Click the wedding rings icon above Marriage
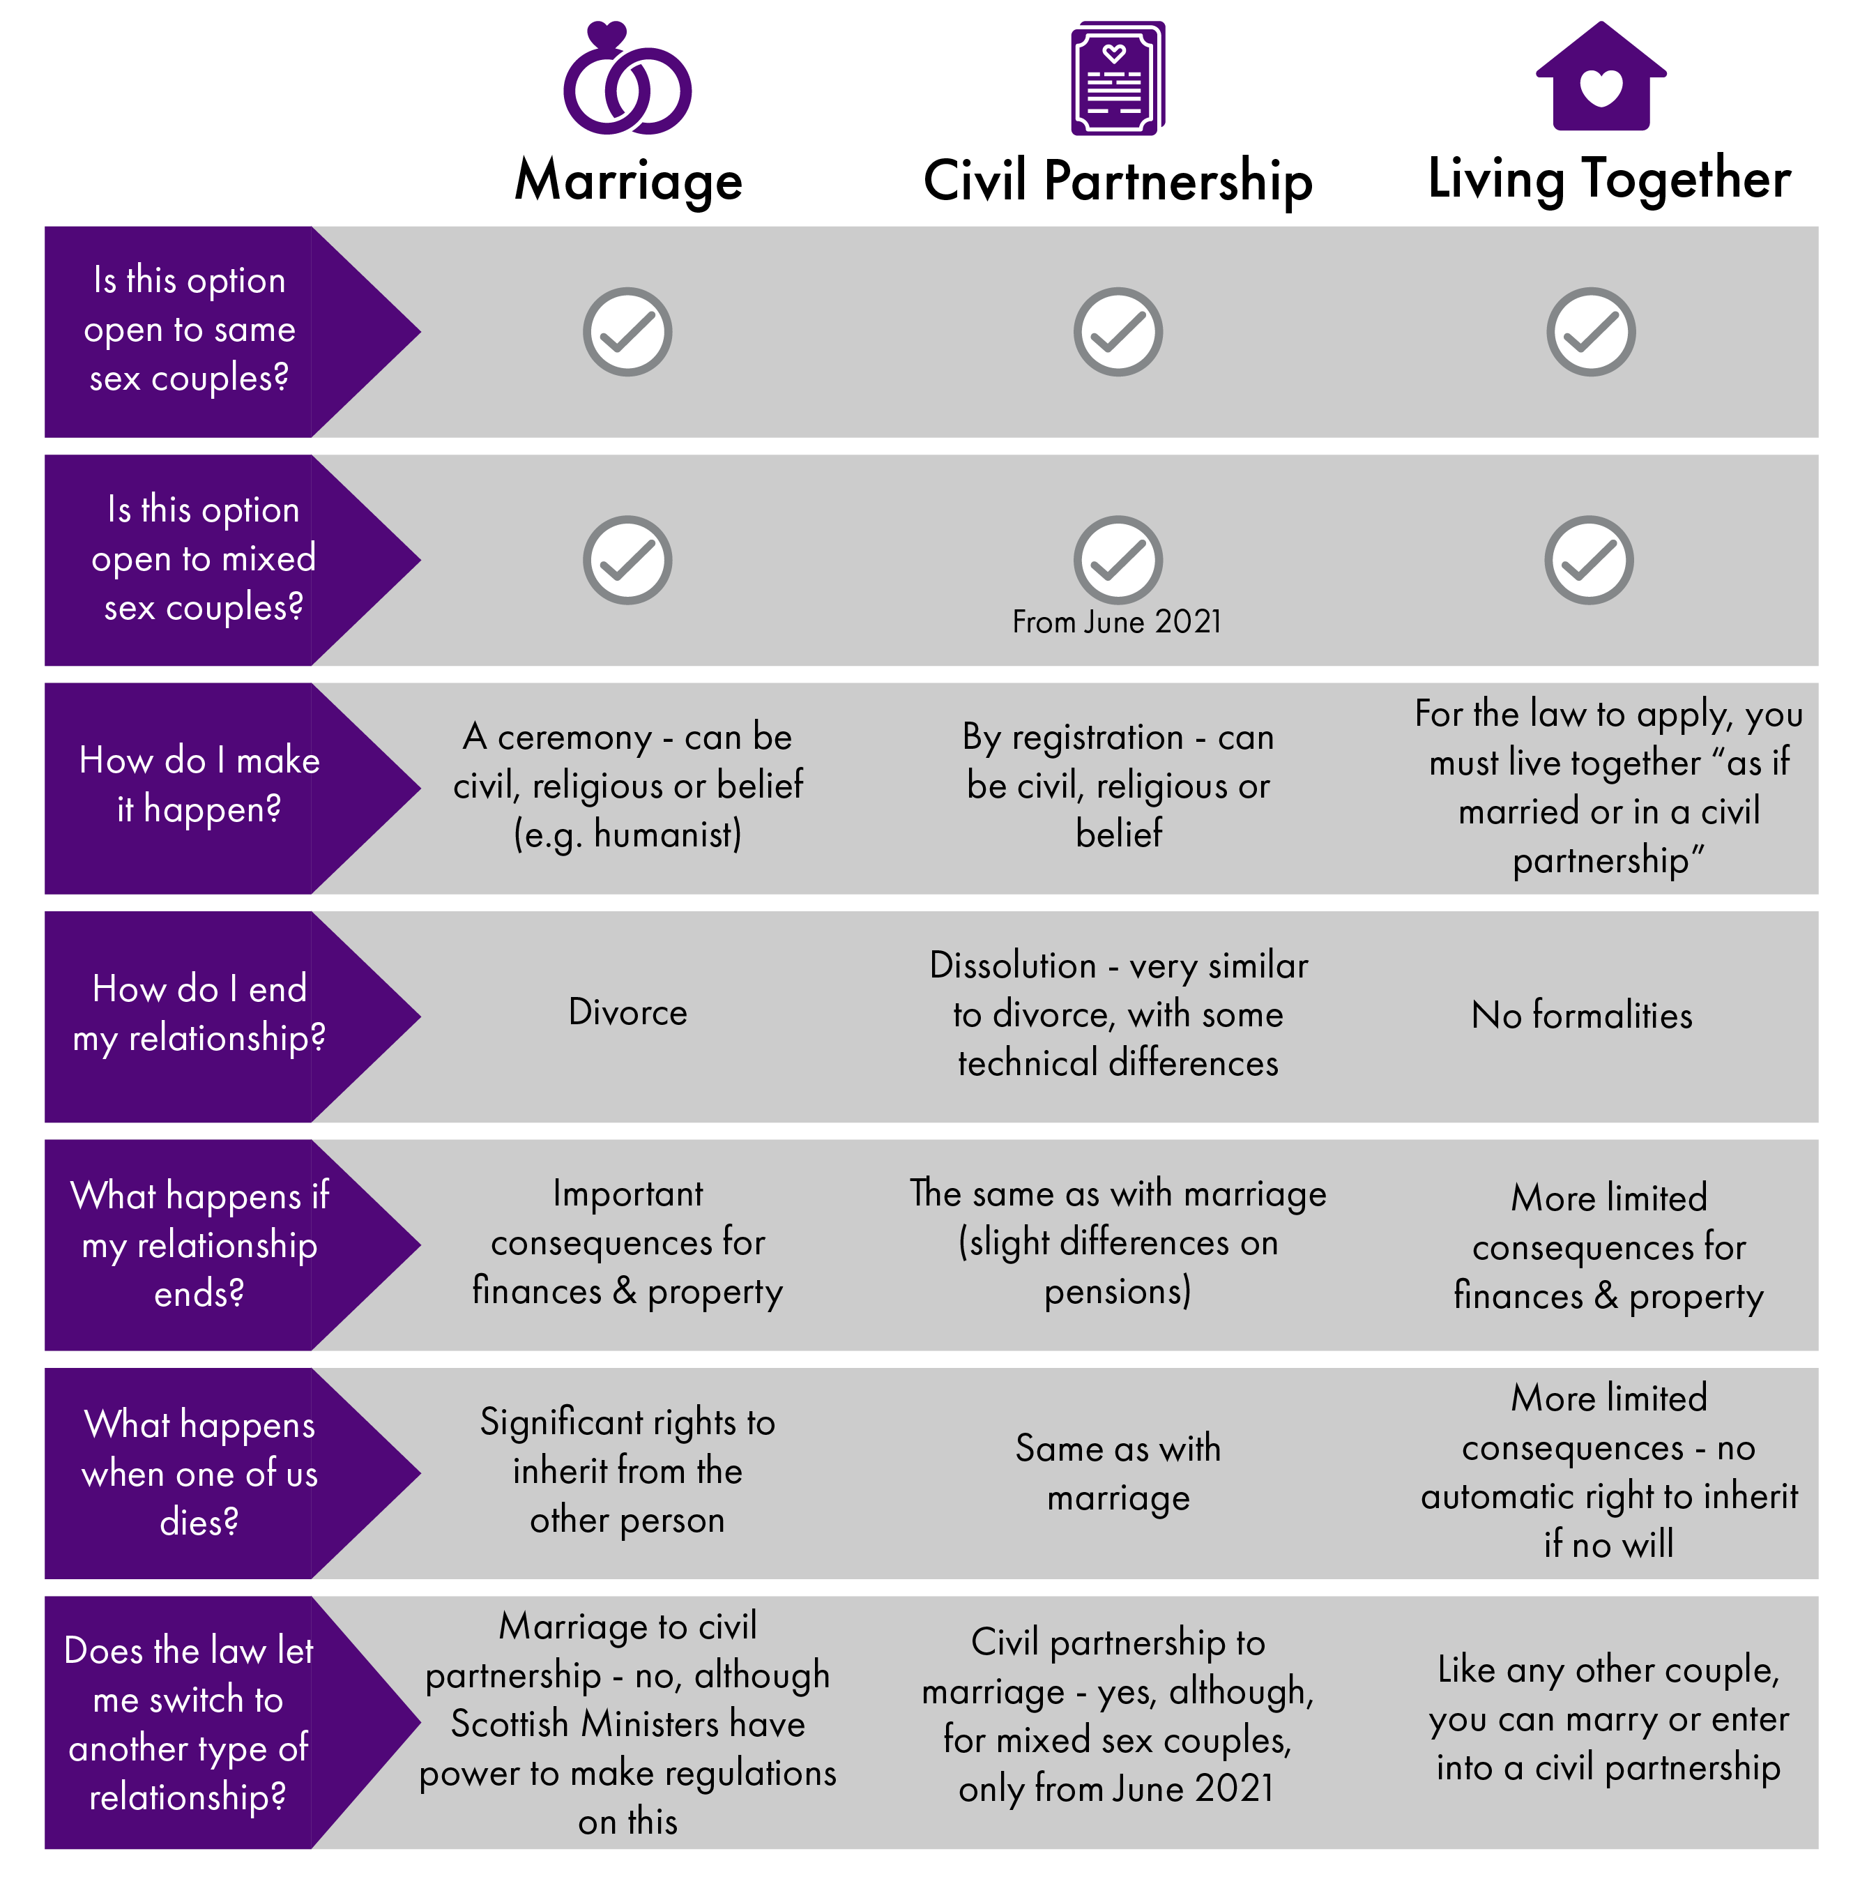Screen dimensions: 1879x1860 coord(627,79)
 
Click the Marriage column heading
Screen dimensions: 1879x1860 coord(628,181)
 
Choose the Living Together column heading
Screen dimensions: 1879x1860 coord(1608,179)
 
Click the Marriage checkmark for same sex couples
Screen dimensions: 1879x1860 coord(627,332)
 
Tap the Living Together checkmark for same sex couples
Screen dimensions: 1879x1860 coord(1591,332)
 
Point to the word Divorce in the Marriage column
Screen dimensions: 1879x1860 coord(627,1012)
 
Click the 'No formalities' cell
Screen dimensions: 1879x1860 coord(1581,1015)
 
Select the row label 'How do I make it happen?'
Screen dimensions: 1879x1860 coord(199,784)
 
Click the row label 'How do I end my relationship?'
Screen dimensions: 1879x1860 coord(199,1012)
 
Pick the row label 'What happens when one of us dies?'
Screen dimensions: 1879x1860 coord(199,1473)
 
